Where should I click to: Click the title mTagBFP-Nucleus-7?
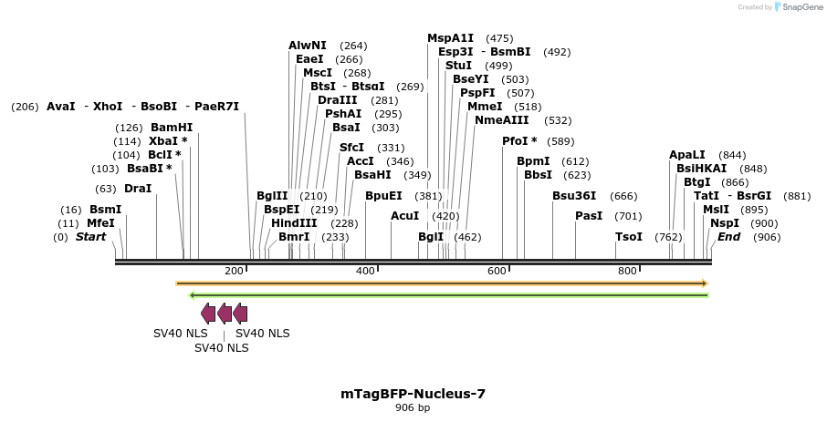pyautogui.click(x=413, y=394)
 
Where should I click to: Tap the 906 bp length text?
pyautogui.click(x=413, y=408)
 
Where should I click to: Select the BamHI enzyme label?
pyautogui.click(x=172, y=128)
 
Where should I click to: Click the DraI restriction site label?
pyautogui.click(x=138, y=189)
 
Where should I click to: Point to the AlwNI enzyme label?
pyautogui.click(x=308, y=46)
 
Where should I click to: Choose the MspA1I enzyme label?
pyautogui.click(x=451, y=38)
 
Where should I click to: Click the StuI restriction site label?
pyautogui.click(x=458, y=66)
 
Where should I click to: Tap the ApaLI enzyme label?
pyautogui.click(x=687, y=155)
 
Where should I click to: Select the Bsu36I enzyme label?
pyautogui.click(x=574, y=196)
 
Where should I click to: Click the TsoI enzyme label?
pyautogui.click(x=629, y=237)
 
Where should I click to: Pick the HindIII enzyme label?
pyautogui.click(x=294, y=223)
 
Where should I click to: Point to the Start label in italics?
pyautogui.click(x=90, y=237)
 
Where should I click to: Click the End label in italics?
pyautogui.click(x=728, y=237)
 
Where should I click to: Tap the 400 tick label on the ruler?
pyautogui.click(x=365, y=272)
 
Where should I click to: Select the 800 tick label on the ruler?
pyautogui.click(x=627, y=272)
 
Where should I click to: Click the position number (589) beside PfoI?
pyautogui.click(x=560, y=141)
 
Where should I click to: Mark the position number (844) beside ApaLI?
pyautogui.click(x=732, y=155)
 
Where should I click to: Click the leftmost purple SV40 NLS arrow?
pyautogui.click(x=208, y=314)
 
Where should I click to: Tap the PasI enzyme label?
pyautogui.click(x=589, y=216)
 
